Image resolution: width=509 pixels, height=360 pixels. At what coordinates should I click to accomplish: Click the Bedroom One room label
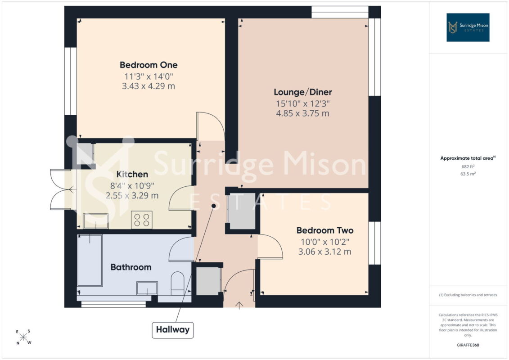[149, 65]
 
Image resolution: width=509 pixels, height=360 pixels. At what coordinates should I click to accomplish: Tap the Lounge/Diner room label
[303, 92]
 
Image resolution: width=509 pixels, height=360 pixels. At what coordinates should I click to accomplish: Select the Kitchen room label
[132, 174]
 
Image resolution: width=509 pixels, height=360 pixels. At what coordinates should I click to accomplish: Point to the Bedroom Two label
[325, 230]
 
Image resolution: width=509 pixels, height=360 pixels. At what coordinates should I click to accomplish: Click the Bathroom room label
[131, 267]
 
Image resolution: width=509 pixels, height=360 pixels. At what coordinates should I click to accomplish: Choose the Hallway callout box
[173, 330]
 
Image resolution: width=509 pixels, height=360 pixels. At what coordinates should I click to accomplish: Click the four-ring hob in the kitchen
[142, 220]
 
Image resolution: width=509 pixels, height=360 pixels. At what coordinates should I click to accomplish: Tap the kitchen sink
[96, 221]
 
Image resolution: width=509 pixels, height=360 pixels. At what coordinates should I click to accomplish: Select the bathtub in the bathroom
[90, 261]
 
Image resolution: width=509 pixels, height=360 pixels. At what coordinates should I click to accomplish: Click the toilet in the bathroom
[177, 283]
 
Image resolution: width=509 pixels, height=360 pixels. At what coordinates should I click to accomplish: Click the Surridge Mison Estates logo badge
[468, 27]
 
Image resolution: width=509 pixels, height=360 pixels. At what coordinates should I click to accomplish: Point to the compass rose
[23, 337]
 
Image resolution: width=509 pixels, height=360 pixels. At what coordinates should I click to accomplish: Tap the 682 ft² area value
[468, 166]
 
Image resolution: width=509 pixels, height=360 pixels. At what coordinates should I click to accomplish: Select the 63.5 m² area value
[468, 174]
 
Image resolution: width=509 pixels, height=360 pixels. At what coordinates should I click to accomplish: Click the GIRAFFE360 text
[468, 345]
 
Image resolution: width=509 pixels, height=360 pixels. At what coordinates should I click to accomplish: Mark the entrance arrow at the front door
[239, 306]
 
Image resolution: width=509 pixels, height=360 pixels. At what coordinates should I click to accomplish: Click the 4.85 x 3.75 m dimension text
[302, 113]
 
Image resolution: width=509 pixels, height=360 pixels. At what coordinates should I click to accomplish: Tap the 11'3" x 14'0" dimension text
[149, 76]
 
